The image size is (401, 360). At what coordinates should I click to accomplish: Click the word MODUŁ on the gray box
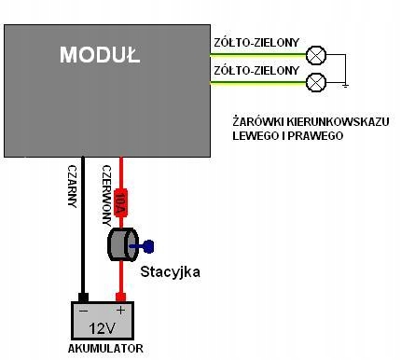(x=100, y=55)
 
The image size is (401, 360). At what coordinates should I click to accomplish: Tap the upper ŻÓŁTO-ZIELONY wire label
(x=256, y=43)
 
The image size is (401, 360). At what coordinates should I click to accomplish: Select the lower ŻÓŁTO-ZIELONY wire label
(x=256, y=71)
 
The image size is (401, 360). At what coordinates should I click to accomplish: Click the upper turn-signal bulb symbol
(x=316, y=55)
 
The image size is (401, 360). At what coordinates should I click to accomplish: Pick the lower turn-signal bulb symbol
(x=316, y=82)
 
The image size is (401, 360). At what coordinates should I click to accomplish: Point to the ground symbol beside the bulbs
(x=345, y=86)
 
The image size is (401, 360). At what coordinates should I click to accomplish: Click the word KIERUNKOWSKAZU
(x=338, y=121)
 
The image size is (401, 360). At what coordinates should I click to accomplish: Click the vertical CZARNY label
(x=72, y=187)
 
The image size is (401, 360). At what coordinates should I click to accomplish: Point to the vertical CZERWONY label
(x=106, y=195)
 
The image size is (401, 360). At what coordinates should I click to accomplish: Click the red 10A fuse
(x=120, y=202)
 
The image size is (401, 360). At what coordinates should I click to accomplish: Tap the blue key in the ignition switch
(x=142, y=246)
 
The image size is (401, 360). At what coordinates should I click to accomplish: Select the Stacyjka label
(x=170, y=271)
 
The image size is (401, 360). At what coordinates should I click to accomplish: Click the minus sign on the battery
(x=84, y=311)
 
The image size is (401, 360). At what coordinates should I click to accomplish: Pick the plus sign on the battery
(x=120, y=311)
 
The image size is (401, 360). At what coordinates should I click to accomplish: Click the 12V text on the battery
(x=103, y=328)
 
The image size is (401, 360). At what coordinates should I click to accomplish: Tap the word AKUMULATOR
(x=105, y=349)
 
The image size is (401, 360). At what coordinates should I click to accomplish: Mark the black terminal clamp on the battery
(x=83, y=298)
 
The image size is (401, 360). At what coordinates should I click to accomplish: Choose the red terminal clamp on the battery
(x=120, y=298)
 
